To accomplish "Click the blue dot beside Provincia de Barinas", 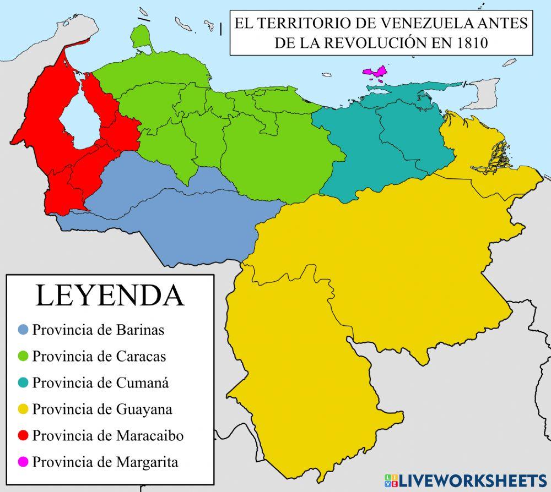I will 23,330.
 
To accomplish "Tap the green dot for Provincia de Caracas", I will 23,357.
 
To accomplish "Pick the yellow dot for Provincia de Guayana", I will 23,409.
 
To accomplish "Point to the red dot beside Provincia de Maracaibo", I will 23,436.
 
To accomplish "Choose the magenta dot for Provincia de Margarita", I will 23,462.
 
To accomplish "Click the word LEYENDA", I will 110,295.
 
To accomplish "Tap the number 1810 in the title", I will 472,43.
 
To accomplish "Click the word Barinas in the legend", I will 140,330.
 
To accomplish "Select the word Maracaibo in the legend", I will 150,436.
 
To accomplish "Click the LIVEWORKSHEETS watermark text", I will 472,479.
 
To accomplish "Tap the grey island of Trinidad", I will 480,92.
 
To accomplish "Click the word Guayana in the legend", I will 144,409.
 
